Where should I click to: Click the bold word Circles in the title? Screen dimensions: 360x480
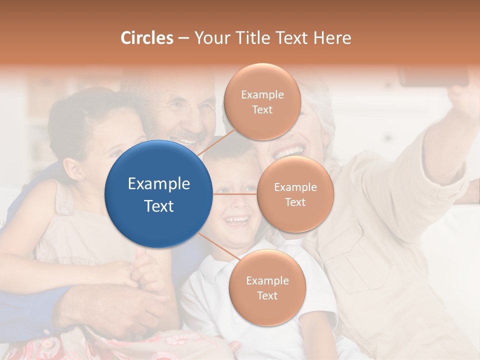[146, 38]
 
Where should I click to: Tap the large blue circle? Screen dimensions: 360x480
[158, 194]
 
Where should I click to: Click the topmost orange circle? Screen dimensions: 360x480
[262, 101]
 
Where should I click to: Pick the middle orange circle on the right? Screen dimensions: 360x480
[295, 194]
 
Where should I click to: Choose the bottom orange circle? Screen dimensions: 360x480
[267, 287]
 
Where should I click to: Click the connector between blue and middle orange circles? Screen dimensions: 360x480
[234, 193]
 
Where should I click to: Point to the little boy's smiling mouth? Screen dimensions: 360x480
[236, 220]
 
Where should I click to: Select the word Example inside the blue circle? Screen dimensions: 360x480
[158, 184]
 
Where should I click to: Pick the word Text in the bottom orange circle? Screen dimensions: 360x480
[267, 295]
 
